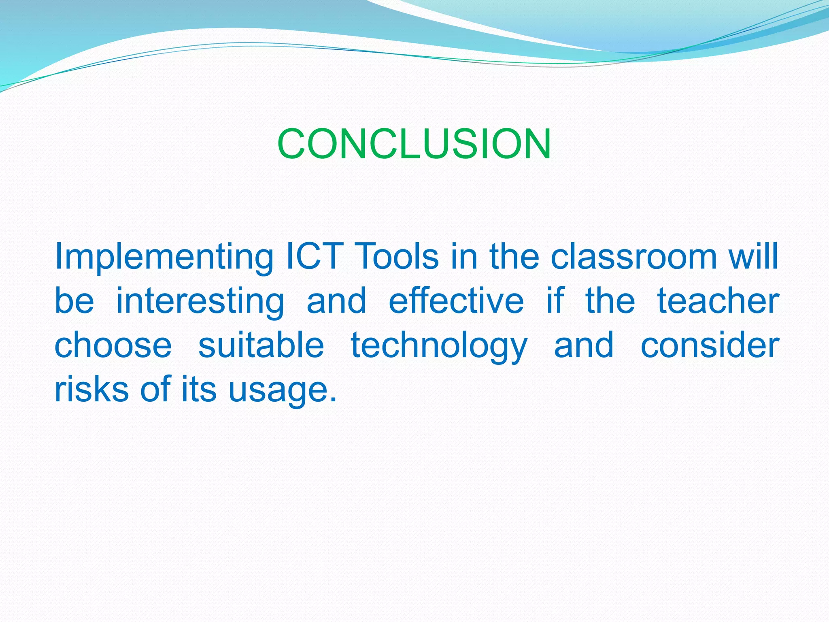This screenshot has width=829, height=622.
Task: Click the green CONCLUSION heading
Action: (x=414, y=144)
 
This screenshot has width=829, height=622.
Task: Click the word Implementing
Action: (x=164, y=257)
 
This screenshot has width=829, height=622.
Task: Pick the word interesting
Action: (x=200, y=302)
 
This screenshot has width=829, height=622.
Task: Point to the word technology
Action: (x=439, y=346)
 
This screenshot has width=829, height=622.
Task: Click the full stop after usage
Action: (x=333, y=399)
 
